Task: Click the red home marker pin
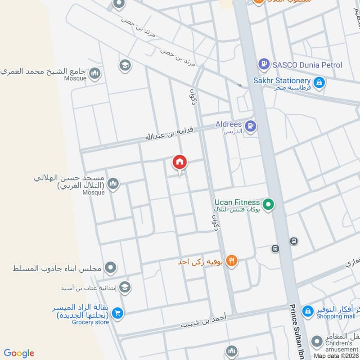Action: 180,162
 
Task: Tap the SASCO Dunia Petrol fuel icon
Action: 264,65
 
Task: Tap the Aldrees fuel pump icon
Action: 251,126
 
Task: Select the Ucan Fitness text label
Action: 237,202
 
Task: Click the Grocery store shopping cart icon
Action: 118,312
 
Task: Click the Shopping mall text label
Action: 335,316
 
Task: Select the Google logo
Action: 19,353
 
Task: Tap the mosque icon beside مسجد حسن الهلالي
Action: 113,183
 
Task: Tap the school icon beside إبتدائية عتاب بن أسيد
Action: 125,287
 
